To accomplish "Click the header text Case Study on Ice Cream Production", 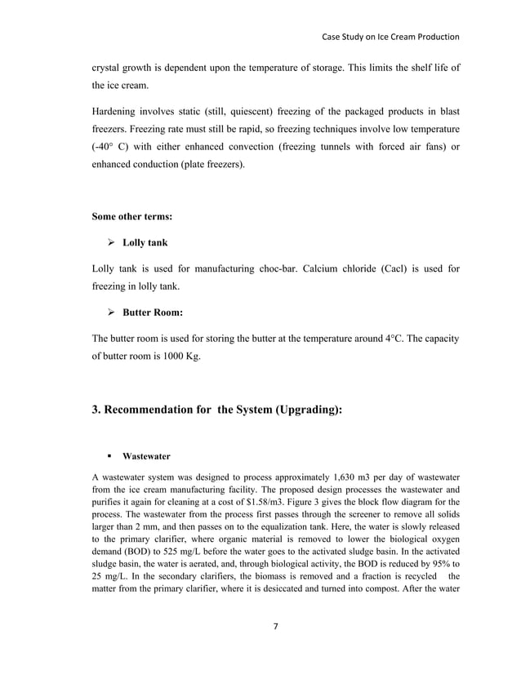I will [x=390, y=37].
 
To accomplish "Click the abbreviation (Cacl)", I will [x=397, y=268].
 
